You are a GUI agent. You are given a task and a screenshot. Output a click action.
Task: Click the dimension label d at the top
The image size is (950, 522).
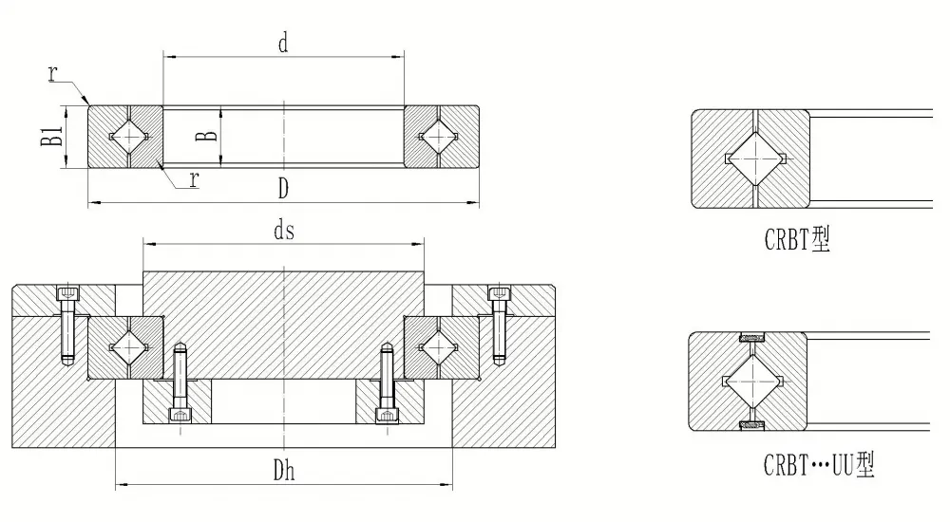point(283,43)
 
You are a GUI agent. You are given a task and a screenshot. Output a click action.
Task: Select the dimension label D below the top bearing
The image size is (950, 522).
point(283,189)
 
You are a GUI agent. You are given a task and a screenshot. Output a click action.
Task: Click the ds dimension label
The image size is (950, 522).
point(283,230)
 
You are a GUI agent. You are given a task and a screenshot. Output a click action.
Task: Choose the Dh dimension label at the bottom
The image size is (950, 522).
point(283,470)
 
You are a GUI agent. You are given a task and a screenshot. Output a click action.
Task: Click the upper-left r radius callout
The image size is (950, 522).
point(53,73)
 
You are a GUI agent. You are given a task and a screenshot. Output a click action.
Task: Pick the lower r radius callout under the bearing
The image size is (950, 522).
point(194,179)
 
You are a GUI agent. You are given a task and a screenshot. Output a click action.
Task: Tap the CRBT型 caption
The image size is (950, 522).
point(797,239)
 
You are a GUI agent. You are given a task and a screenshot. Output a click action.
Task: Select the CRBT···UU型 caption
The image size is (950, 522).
point(819,466)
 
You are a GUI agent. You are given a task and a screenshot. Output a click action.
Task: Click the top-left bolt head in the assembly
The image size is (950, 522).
point(67,293)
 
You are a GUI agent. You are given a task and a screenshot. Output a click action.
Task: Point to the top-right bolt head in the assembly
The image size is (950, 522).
point(500,293)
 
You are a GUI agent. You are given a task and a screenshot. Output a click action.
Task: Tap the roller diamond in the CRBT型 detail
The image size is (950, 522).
point(754,159)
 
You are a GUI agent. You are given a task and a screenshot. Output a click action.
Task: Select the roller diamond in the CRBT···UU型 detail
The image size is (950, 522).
point(751,382)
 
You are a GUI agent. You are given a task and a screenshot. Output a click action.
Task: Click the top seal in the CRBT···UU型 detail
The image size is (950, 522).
point(751,337)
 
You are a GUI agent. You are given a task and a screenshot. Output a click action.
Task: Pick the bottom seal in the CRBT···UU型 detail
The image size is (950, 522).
point(751,426)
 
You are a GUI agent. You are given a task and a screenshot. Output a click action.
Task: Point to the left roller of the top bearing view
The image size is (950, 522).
point(129,137)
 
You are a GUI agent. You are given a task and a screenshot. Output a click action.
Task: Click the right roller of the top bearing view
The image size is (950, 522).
point(439,137)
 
